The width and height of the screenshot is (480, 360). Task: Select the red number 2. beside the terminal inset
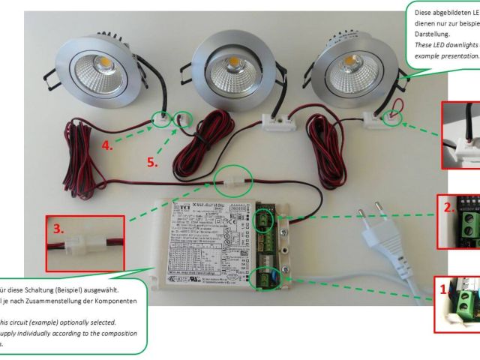[448, 208]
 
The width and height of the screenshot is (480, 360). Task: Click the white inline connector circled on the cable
[230, 181]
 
